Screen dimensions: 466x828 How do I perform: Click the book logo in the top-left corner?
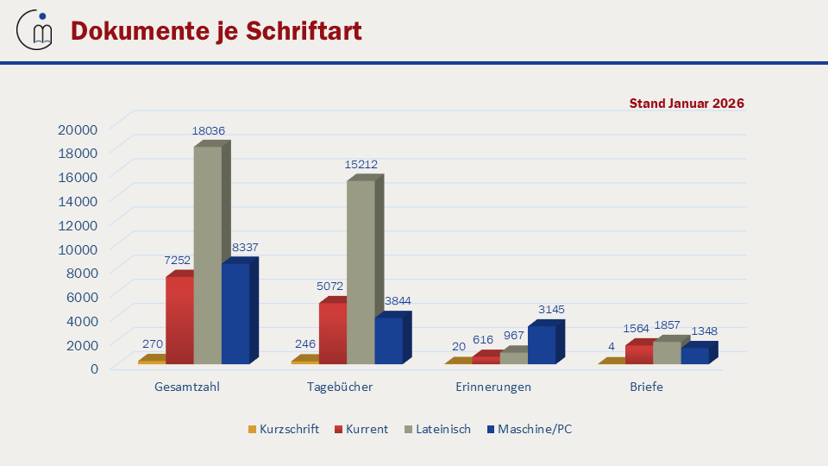tap(35, 30)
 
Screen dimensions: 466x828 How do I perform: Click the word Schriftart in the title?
tap(304, 31)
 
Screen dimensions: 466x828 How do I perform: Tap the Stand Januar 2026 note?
tap(687, 104)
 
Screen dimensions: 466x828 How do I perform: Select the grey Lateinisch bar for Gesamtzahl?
tap(208, 255)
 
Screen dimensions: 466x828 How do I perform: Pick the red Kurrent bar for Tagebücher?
tap(333, 332)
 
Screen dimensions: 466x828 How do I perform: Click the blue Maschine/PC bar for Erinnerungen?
tap(542, 344)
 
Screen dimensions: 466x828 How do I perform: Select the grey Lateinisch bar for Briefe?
tap(667, 352)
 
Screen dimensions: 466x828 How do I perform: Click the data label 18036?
tap(208, 131)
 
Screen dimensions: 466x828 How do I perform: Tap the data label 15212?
tap(361, 164)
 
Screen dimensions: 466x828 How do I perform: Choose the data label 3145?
tap(550, 309)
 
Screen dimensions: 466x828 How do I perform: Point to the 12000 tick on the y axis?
tap(78, 224)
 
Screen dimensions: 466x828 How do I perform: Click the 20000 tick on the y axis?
tap(78, 129)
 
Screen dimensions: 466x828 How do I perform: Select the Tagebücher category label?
tap(340, 387)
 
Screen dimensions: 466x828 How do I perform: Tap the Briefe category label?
tap(646, 387)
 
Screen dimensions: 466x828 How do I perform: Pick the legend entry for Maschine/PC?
tap(528, 429)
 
